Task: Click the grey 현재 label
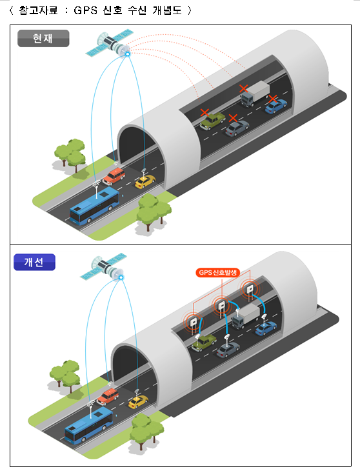click(x=43, y=38)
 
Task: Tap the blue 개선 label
click(x=34, y=262)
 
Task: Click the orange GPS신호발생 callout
click(x=218, y=272)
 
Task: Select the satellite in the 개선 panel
click(x=104, y=267)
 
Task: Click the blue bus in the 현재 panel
click(x=94, y=206)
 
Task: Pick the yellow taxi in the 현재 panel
click(x=145, y=181)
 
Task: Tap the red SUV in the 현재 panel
click(x=114, y=177)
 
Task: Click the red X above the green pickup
click(x=205, y=113)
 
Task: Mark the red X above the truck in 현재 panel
click(x=244, y=88)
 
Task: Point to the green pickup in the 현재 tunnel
click(x=212, y=121)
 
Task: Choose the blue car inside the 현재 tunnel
click(x=276, y=106)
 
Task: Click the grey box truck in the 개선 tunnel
click(x=246, y=317)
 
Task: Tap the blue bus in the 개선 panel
click(x=88, y=425)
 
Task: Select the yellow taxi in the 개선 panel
click(x=138, y=402)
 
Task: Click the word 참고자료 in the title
click(x=38, y=10)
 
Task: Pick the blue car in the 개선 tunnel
click(x=266, y=328)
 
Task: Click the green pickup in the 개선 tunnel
click(x=204, y=343)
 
